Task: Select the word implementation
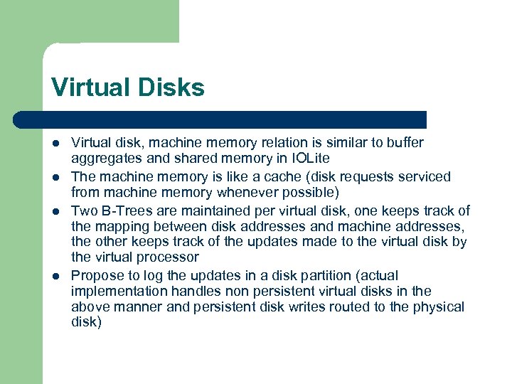117,291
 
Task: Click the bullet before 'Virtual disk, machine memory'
56,143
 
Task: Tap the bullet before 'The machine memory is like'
56,176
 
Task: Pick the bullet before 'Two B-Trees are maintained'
56,210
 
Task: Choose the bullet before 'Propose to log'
56,276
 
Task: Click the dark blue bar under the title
235,119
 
